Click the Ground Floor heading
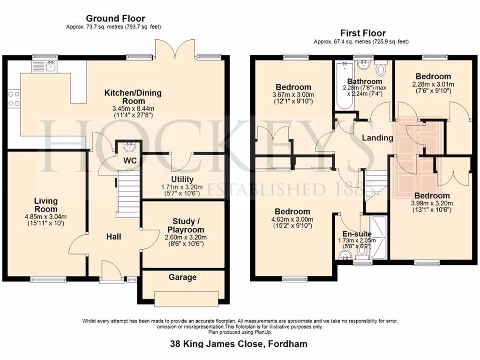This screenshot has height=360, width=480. [x=115, y=18]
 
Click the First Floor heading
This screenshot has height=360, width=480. [x=363, y=33]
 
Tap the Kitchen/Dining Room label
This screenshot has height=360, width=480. [x=133, y=97]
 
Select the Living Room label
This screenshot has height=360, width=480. [x=45, y=205]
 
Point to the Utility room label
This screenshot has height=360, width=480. [x=182, y=179]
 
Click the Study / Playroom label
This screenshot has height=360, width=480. [x=186, y=225]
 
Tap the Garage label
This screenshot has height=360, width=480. [x=182, y=277]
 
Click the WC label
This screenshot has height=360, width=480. [x=130, y=161]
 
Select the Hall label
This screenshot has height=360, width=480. [x=113, y=236]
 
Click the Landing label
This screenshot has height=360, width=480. [x=377, y=138]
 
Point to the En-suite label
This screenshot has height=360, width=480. [x=357, y=234]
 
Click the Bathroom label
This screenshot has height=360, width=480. [x=365, y=82]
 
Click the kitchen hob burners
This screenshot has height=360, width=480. [x=14, y=98]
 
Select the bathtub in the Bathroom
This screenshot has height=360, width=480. [x=345, y=85]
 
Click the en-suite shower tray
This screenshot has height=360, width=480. [x=378, y=237]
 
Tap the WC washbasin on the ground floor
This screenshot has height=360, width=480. [x=130, y=147]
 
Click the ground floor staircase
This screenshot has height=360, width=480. [x=128, y=193]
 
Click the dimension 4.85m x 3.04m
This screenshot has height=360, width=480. [x=45, y=217]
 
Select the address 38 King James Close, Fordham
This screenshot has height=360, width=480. [x=239, y=344]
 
